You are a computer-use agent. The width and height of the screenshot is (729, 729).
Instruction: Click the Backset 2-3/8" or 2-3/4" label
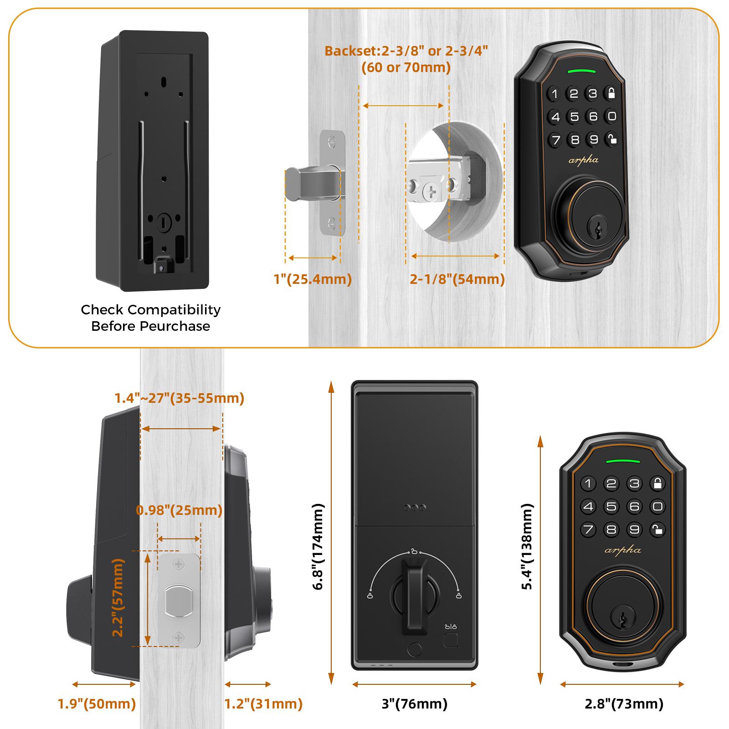tap(406, 51)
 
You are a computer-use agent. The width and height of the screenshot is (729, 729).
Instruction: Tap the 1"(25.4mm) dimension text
tap(313, 279)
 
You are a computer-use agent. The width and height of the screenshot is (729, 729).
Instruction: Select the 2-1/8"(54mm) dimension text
tap(457, 279)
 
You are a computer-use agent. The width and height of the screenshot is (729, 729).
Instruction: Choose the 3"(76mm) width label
tap(414, 704)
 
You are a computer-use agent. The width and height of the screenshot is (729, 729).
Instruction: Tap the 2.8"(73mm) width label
tap(624, 704)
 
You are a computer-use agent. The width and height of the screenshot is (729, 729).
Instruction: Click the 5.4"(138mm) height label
tap(527, 546)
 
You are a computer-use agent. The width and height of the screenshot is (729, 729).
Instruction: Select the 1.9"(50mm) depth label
tap(97, 704)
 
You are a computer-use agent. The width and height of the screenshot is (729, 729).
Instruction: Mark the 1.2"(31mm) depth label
tap(263, 704)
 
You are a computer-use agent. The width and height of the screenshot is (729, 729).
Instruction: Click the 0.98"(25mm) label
tap(179, 510)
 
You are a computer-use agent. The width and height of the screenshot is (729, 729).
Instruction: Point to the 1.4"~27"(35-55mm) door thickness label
tap(179, 398)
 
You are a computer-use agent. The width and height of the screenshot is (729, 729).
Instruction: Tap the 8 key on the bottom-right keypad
tap(611, 529)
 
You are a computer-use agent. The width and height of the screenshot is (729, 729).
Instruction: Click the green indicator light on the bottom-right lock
tap(622, 461)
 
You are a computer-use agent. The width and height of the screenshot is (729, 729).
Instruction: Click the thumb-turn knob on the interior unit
tap(414, 588)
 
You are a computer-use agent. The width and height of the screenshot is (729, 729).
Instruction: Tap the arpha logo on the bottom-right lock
tap(622, 550)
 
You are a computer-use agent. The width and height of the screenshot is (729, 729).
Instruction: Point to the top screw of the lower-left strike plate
tap(179, 565)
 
